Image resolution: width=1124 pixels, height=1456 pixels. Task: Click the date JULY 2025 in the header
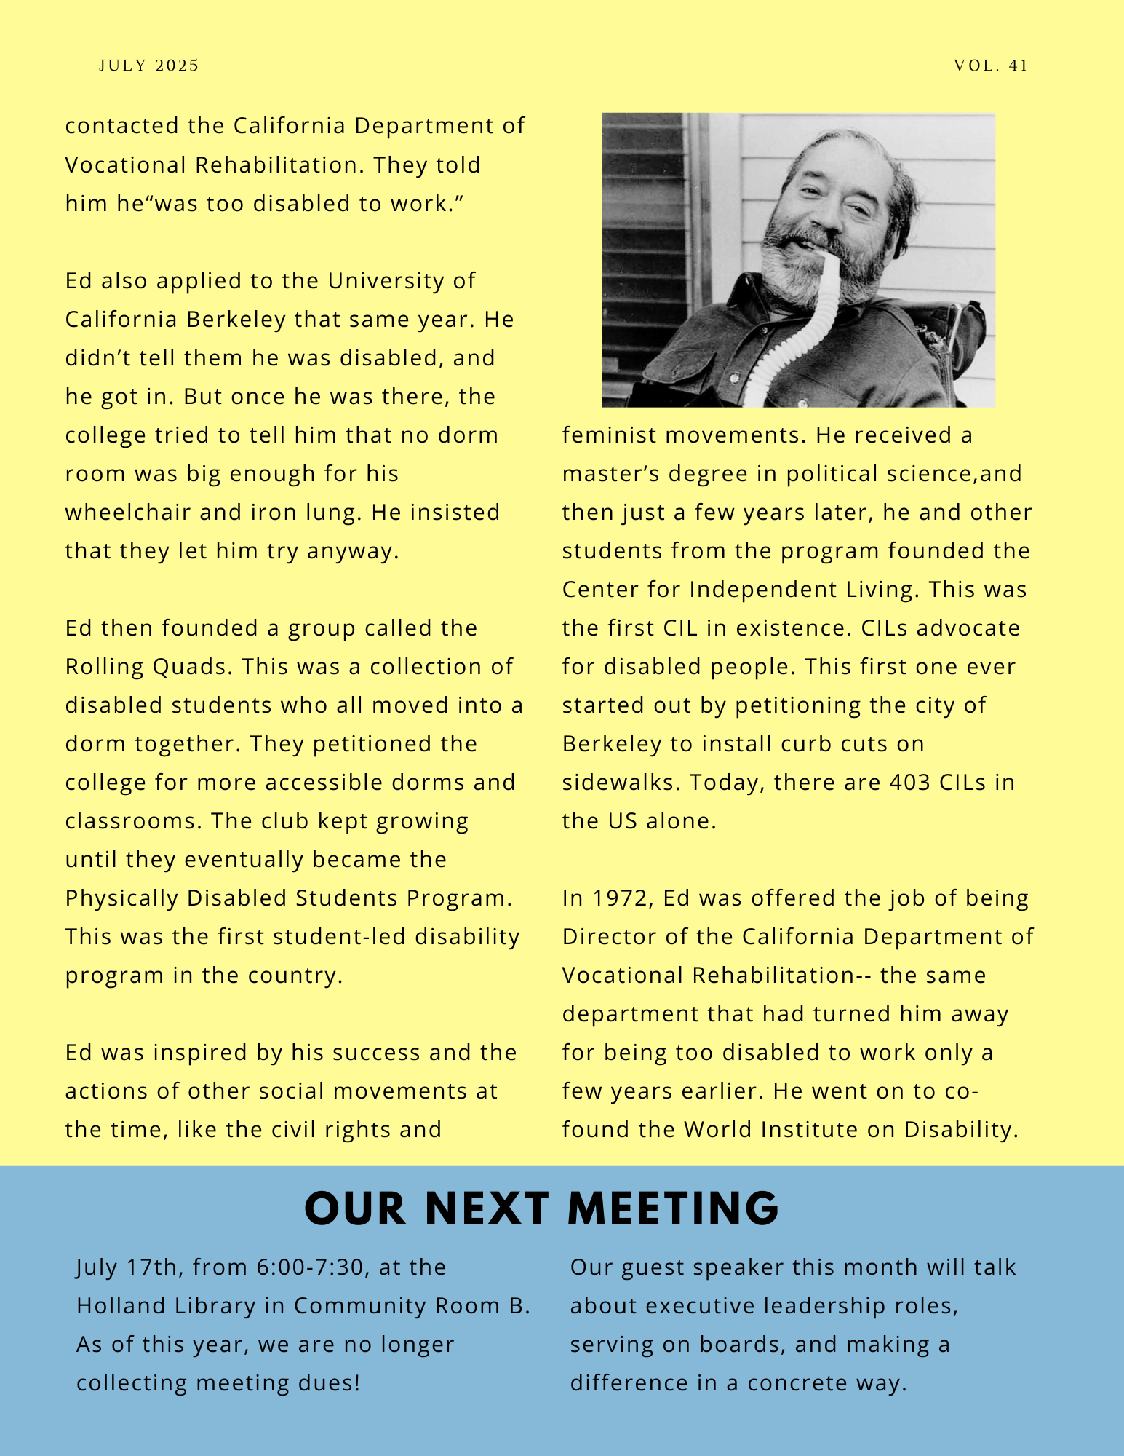[x=149, y=66]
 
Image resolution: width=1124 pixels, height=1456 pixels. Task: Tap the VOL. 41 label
[x=991, y=66]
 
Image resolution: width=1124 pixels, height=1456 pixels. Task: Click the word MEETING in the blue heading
[x=673, y=1209]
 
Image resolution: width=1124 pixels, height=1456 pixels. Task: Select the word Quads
[x=192, y=667]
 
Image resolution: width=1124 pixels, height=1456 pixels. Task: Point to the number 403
[x=910, y=783]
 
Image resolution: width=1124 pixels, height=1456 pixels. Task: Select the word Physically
[x=121, y=898]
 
